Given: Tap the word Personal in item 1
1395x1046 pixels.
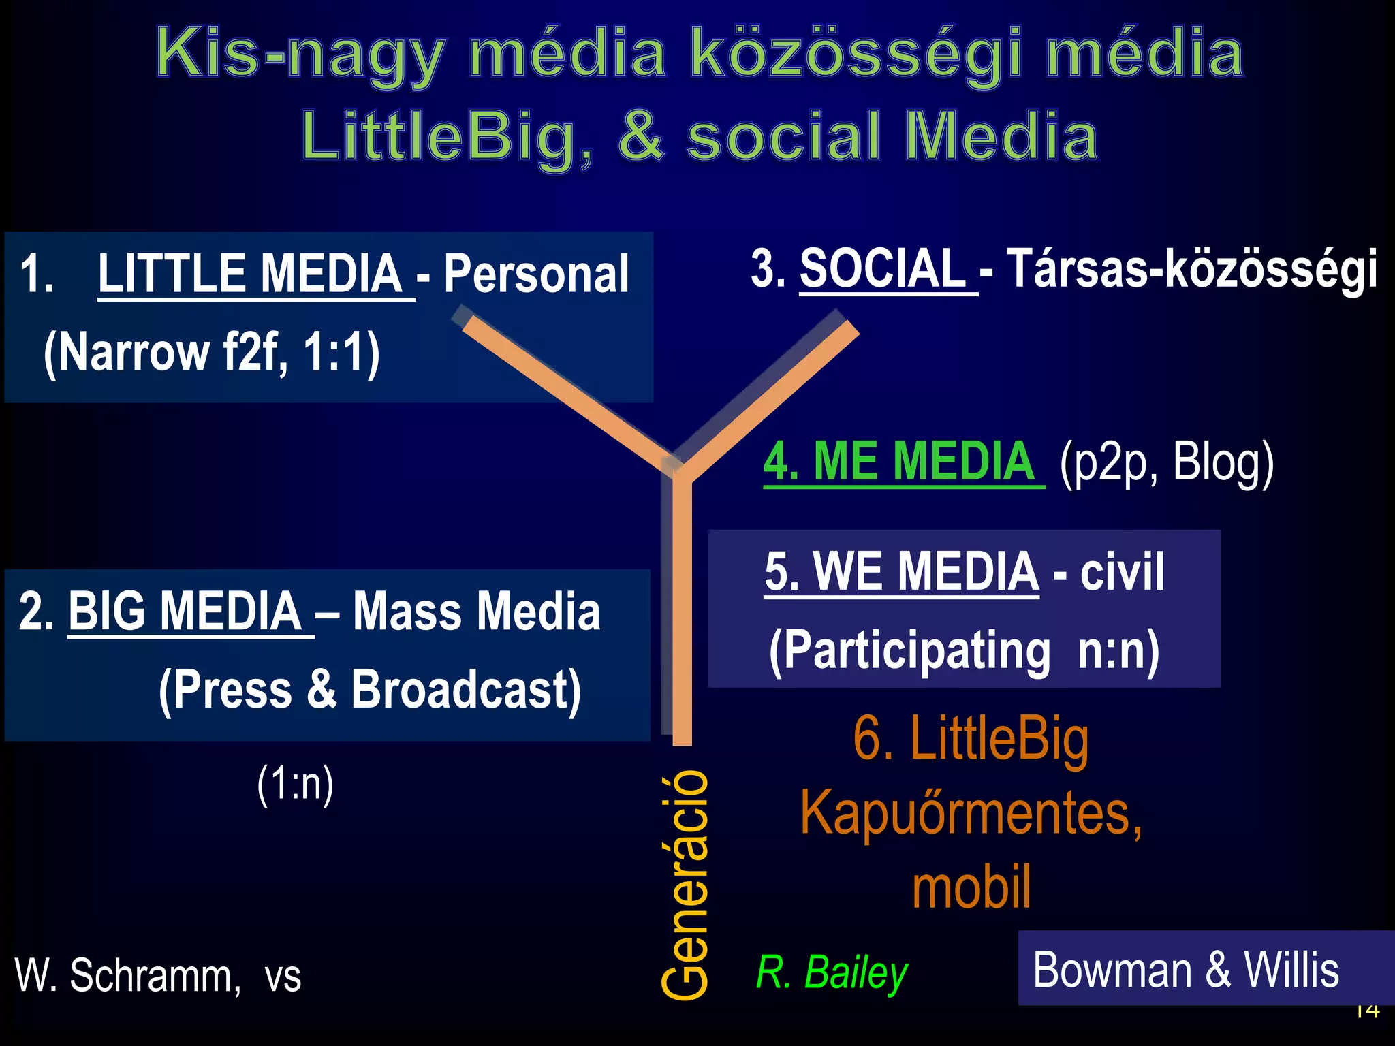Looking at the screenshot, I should pyautogui.click(x=536, y=274).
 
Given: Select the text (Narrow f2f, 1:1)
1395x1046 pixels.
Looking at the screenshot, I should pyautogui.click(x=211, y=353).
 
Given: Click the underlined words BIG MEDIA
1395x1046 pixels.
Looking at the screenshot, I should pyautogui.click(x=185, y=611).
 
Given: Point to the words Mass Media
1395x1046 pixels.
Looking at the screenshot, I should pyautogui.click(x=477, y=611).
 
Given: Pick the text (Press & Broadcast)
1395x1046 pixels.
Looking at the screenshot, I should pyautogui.click(x=370, y=689).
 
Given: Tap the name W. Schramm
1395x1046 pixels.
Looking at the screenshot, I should pyautogui.click(x=127, y=975).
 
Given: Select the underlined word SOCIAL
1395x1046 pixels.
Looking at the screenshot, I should pyautogui.click(x=883, y=268).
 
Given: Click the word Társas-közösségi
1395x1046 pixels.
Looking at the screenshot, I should pyautogui.click(x=1191, y=270).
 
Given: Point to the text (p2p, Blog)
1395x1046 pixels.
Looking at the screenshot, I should pyautogui.click(x=1166, y=463).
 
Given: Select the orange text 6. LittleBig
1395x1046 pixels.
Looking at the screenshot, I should pyautogui.click(x=971, y=739).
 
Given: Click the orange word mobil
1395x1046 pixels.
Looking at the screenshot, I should pyautogui.click(x=971, y=887).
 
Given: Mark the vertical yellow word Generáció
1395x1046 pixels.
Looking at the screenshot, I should pyautogui.click(x=685, y=885).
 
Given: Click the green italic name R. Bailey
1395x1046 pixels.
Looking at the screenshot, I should pyautogui.click(x=832, y=972).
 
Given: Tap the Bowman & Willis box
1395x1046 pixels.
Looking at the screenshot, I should pyautogui.click(x=1186, y=969).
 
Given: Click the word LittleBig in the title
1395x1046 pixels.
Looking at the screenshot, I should pyautogui.click(x=446, y=136).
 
